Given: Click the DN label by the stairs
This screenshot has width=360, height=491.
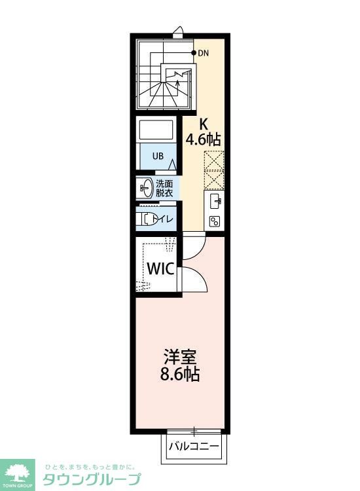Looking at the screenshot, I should [204, 53].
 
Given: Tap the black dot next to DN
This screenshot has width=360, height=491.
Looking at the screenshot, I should [194, 52].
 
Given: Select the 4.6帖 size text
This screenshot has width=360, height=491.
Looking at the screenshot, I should [203, 139].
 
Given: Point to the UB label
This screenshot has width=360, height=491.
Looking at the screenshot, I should [158, 156].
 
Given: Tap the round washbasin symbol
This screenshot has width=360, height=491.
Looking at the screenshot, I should [146, 188].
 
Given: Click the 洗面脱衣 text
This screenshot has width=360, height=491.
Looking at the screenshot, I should [164, 188].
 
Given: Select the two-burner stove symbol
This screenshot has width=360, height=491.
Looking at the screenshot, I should [214, 221].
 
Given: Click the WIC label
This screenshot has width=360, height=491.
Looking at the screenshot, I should [159, 269].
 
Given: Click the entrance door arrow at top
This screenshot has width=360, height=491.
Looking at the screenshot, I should [178, 31].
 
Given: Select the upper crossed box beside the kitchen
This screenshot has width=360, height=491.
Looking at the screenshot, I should [214, 160].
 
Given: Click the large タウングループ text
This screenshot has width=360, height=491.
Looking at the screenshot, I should [92, 479].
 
